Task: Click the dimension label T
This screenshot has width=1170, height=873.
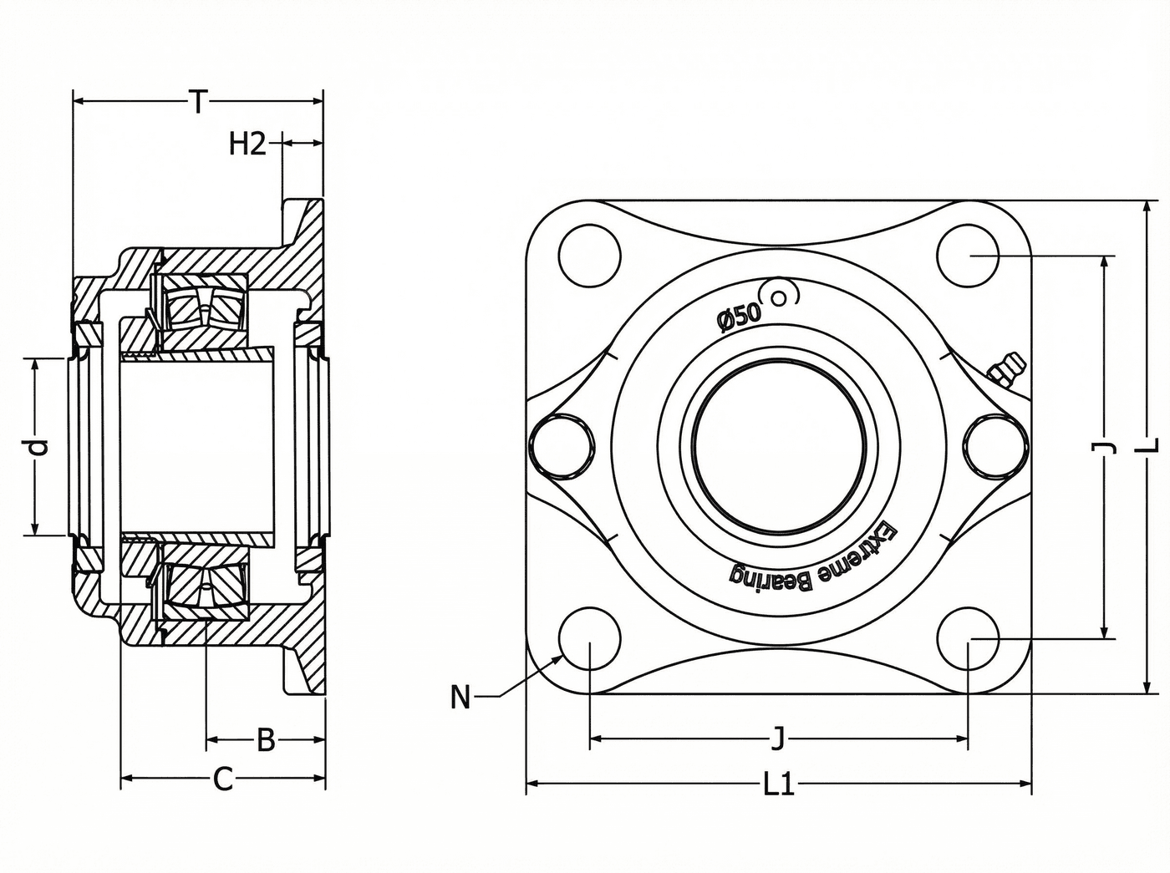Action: coord(198,102)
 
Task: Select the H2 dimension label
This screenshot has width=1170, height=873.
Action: coord(247,144)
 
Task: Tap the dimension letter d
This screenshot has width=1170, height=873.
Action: coord(38,448)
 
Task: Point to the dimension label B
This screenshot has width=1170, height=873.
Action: coord(266,740)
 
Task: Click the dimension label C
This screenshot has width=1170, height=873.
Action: coord(223,779)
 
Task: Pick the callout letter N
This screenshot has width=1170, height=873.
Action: coord(460,697)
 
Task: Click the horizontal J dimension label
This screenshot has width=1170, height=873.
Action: coord(779,738)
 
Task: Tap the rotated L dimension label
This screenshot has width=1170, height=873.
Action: coord(1151,444)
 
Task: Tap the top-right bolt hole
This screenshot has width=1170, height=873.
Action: coord(968,256)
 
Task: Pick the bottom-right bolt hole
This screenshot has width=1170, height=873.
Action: coord(968,638)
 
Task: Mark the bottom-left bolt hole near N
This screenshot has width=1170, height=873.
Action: coord(590,638)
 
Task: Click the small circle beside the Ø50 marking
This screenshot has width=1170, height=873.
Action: coord(779,297)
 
